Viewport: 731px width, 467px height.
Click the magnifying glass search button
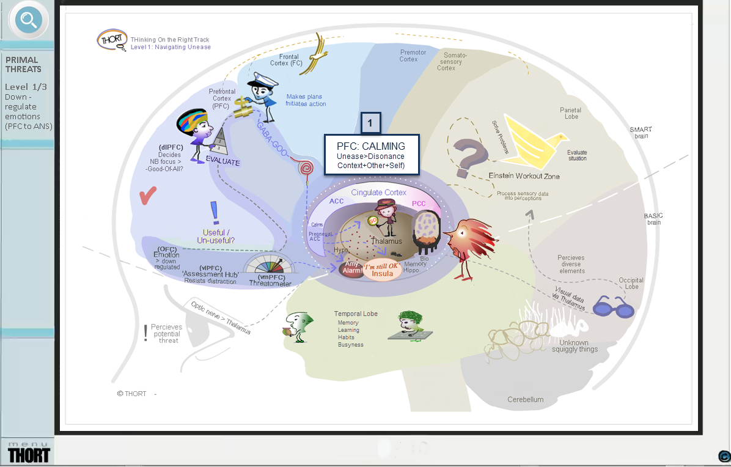pyautogui.click(x=28, y=21)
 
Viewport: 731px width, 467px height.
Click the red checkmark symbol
pyautogui.click(x=148, y=197)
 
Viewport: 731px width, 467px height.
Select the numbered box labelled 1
pyautogui.click(x=370, y=123)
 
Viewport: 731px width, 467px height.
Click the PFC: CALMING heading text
pyautogui.click(x=371, y=147)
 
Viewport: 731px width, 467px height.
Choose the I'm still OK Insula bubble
pyautogui.click(x=383, y=270)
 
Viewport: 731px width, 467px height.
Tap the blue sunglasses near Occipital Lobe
pyautogui.click(x=613, y=306)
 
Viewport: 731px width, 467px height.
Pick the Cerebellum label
pyautogui.click(x=525, y=400)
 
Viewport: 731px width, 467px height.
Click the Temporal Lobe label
pyautogui.click(x=356, y=314)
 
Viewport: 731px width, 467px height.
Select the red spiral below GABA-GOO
pyautogui.click(x=305, y=167)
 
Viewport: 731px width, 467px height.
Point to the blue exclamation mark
pyautogui.click(x=215, y=213)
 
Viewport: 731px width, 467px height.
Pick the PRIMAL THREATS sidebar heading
pyautogui.click(x=22, y=64)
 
